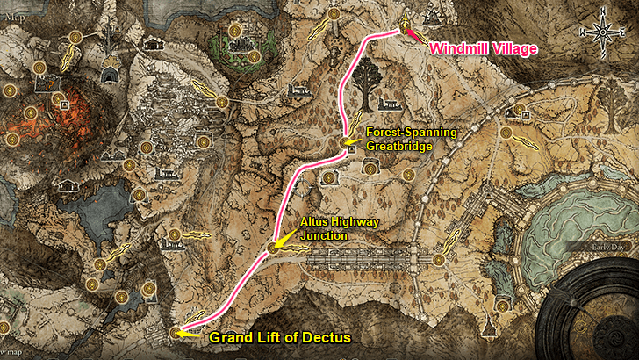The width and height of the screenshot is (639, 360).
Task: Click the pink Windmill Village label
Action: tap(483, 49)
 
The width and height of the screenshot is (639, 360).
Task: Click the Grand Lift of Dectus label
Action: tap(279, 337)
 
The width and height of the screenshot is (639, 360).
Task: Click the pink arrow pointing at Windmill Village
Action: tap(416, 36)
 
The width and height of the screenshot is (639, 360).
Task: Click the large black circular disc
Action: tap(597, 316)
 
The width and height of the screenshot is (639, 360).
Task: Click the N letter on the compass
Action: tap(602, 12)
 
